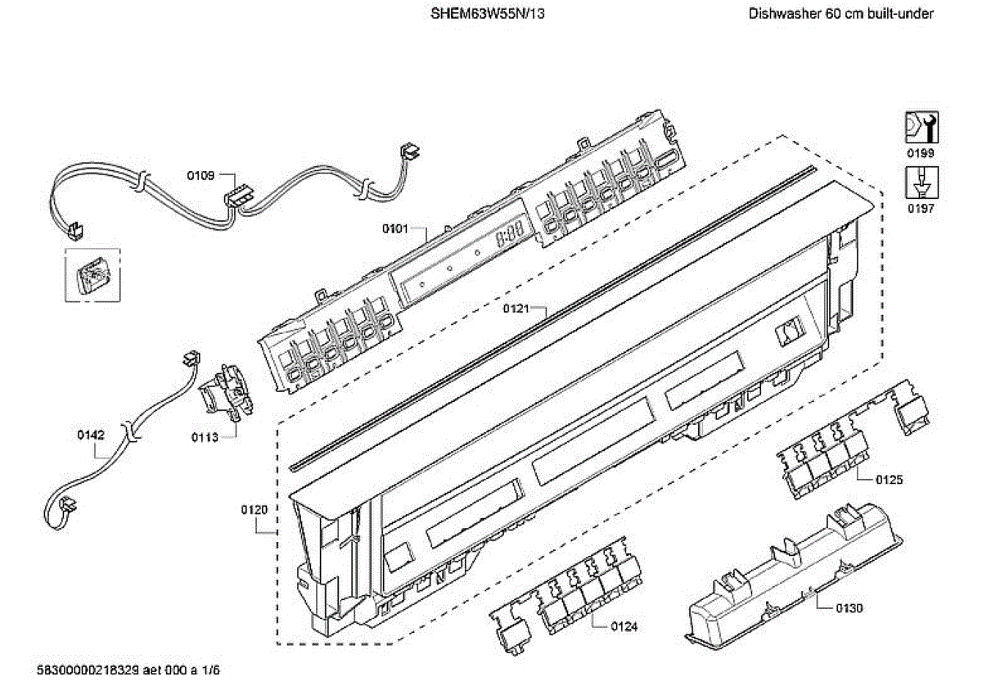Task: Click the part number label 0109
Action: click(x=200, y=175)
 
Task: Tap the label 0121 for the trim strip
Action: click(x=517, y=309)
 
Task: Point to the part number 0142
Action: click(x=91, y=436)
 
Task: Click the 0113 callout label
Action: click(x=205, y=437)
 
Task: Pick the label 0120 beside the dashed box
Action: click(x=255, y=510)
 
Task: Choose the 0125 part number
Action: click(x=890, y=480)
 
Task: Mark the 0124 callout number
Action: click(x=624, y=626)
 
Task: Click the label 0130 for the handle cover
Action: click(x=849, y=608)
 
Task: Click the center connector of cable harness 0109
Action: click(x=238, y=197)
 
